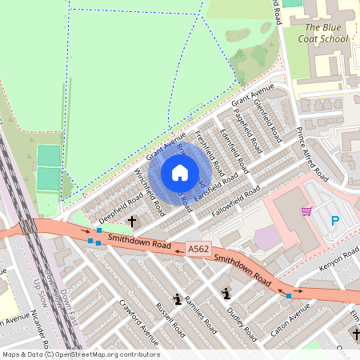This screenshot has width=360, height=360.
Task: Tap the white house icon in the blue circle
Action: tap(180, 173)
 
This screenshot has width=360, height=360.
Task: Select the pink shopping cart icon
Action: tap(306, 211)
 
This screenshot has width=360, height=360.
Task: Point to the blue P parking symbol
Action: tap(335, 220)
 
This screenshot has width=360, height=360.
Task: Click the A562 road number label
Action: tap(198, 250)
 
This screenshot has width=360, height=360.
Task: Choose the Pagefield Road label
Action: tap(249, 128)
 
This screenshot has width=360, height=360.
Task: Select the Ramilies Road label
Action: tap(198, 314)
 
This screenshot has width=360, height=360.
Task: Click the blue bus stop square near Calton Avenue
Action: tap(289, 296)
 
